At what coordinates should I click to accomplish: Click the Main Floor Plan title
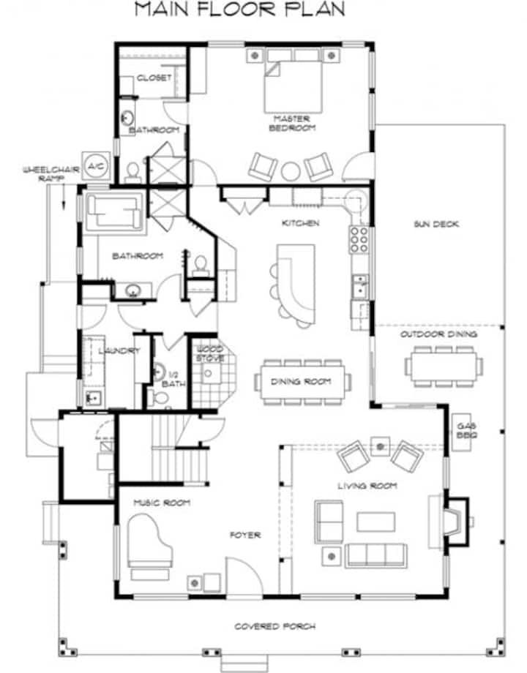click(x=239, y=10)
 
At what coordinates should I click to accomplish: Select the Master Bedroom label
click(x=292, y=123)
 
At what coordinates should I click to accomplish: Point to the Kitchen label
click(x=300, y=223)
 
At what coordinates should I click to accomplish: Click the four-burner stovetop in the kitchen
click(x=359, y=240)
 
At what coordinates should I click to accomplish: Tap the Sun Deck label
click(x=436, y=224)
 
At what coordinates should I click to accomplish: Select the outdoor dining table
click(x=444, y=366)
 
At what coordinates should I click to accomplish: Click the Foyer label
click(x=245, y=535)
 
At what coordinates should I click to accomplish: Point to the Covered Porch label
click(x=275, y=627)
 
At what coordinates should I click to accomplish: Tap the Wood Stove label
click(x=210, y=353)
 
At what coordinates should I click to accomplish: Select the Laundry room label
click(x=119, y=350)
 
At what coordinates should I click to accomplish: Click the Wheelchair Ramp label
click(x=51, y=174)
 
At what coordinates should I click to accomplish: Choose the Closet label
click(x=154, y=78)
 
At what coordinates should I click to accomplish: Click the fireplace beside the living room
click(x=455, y=521)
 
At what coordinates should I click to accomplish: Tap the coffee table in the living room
click(x=375, y=522)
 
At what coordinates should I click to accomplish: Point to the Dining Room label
click(x=301, y=381)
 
